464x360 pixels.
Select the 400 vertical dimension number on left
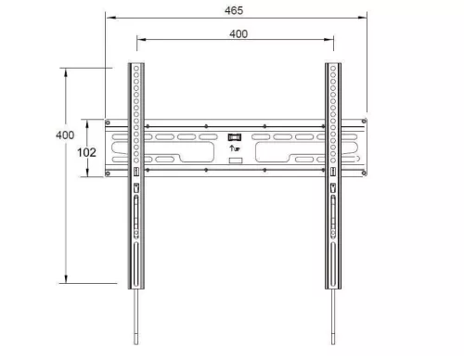tap(64, 135)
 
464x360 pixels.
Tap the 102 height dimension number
tap(86, 150)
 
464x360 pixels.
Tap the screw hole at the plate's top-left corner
tap(110, 124)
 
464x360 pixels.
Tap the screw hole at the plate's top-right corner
tap(361, 124)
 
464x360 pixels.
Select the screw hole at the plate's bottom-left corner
tap(110, 173)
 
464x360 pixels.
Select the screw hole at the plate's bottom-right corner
tap(361, 173)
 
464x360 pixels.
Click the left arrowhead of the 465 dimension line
tap(108, 17)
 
